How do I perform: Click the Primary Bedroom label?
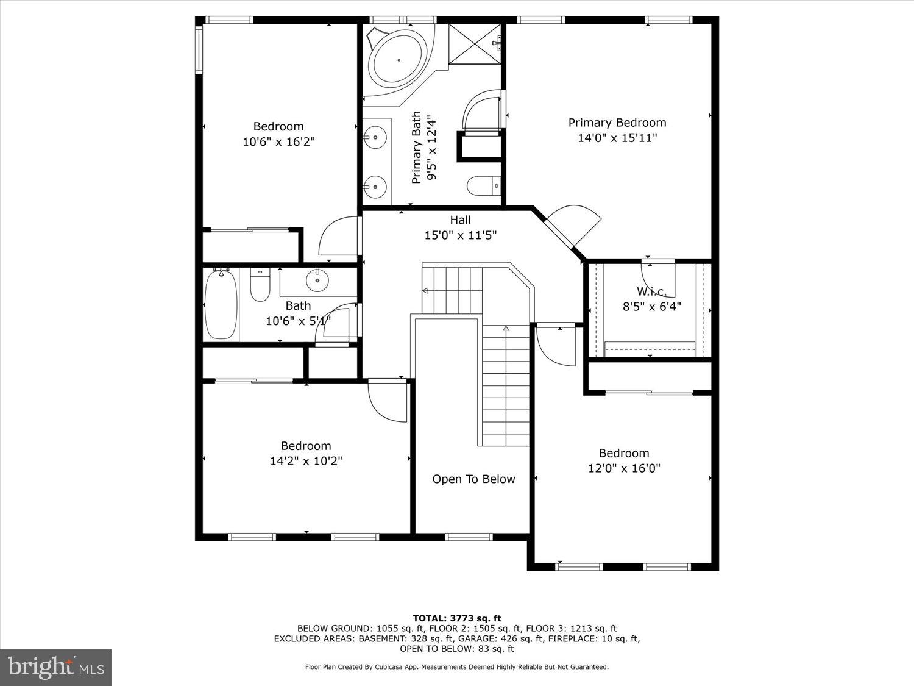(x=617, y=123)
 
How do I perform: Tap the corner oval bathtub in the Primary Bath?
(x=399, y=60)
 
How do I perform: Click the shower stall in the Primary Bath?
(x=475, y=43)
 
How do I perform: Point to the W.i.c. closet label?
(x=651, y=291)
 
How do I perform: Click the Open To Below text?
(x=473, y=479)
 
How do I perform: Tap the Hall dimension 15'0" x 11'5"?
(x=460, y=235)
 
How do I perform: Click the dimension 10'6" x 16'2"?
(x=278, y=142)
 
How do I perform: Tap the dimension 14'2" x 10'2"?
(x=306, y=462)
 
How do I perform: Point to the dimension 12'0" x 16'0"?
(x=623, y=468)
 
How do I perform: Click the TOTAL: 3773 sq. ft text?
(x=456, y=618)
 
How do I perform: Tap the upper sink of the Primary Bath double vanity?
(x=375, y=137)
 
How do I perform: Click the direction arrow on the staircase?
(x=505, y=329)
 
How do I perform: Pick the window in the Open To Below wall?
(x=469, y=537)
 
